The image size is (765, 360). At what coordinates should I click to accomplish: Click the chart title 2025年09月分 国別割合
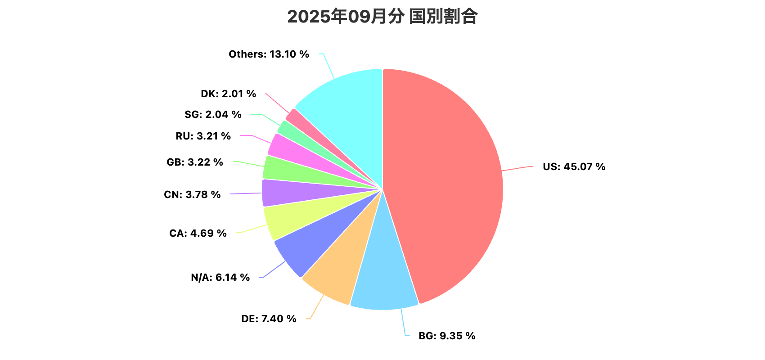click(382, 17)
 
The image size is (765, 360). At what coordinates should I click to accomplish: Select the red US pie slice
click(445, 180)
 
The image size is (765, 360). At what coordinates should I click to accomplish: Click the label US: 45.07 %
click(574, 166)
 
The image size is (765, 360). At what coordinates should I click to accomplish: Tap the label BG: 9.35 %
click(446, 336)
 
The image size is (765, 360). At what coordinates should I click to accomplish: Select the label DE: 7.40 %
click(269, 319)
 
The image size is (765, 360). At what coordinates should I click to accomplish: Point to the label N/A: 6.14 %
click(220, 277)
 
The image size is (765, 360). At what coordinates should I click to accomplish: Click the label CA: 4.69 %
click(198, 233)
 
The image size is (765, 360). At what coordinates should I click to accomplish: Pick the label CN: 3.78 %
click(192, 194)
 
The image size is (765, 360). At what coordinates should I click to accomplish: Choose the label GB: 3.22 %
click(194, 162)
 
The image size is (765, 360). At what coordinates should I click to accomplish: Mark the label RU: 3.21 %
click(203, 136)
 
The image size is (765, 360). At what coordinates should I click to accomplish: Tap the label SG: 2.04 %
click(213, 114)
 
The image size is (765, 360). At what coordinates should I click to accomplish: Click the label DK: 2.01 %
click(228, 94)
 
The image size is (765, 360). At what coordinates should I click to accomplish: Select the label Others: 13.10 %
click(269, 54)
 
